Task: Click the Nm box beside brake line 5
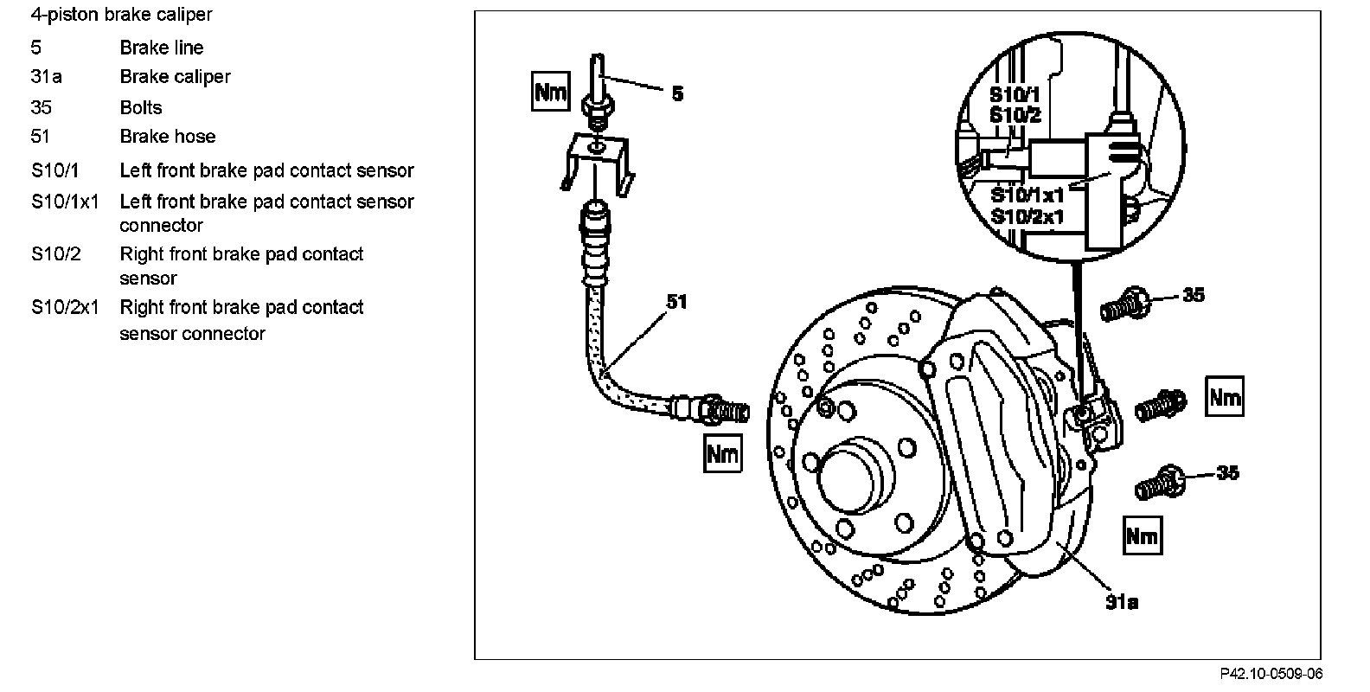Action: click(551, 91)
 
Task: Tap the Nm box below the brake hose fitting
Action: click(723, 452)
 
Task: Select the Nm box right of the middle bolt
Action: click(1225, 398)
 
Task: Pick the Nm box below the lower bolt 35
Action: click(1143, 535)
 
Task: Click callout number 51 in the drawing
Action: click(676, 302)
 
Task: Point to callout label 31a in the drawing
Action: click(1121, 601)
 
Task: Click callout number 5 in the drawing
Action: click(677, 93)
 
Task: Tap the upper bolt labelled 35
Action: click(1125, 305)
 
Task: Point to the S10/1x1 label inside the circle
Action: click(1027, 195)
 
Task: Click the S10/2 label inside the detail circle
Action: click(1015, 115)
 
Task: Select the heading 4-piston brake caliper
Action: click(121, 15)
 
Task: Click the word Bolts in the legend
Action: click(141, 107)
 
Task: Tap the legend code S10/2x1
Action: click(65, 307)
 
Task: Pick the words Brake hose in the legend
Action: click(168, 136)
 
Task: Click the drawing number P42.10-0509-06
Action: click(1271, 674)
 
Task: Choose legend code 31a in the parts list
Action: click(46, 76)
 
